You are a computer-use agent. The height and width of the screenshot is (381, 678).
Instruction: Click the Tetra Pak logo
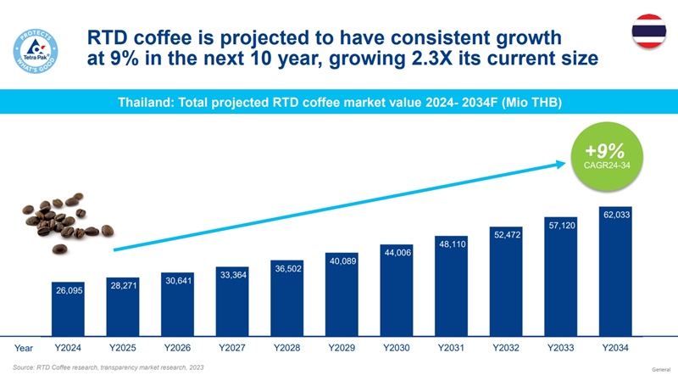tap(36, 51)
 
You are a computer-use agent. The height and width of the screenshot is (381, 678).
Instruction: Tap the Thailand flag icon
tap(648, 31)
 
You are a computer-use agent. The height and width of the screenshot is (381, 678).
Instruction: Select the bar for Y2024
tap(68, 309)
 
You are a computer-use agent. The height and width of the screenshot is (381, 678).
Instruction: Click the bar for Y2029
tap(342, 294)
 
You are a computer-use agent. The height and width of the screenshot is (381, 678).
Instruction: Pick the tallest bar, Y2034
tap(615, 271)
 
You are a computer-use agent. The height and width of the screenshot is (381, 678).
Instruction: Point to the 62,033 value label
tap(616, 215)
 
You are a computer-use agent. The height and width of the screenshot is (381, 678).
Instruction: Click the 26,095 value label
tap(69, 290)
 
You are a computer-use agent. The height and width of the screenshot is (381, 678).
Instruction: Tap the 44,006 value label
tap(397, 252)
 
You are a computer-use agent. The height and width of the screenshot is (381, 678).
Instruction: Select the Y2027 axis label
tap(231, 348)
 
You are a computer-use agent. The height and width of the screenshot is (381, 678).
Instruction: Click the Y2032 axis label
tap(505, 348)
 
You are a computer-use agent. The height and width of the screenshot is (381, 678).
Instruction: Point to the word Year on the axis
tap(24, 348)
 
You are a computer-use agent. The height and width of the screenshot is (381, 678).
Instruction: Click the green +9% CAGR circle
tap(607, 156)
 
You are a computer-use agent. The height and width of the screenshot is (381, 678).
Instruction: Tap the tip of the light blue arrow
tap(566, 163)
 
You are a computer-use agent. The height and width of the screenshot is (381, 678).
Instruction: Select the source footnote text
tap(108, 367)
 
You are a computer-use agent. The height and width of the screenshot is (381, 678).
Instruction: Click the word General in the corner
tap(661, 370)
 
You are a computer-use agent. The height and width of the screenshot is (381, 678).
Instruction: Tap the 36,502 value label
tap(288, 268)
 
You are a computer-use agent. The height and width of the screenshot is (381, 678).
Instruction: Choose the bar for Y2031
tap(451, 286)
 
